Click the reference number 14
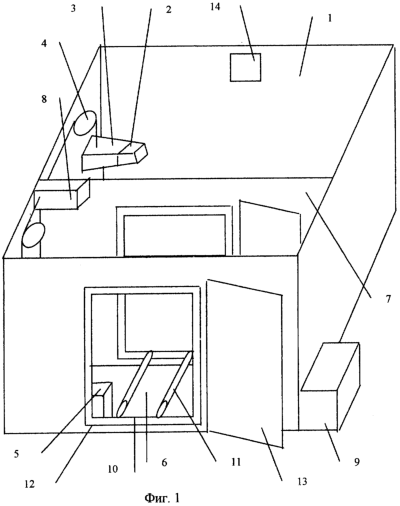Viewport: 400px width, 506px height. (x=216, y=7)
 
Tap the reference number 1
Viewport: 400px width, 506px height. (x=330, y=18)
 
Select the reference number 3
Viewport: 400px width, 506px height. (x=73, y=8)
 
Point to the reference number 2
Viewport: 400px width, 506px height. (x=169, y=10)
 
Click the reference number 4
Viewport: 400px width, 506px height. (x=44, y=44)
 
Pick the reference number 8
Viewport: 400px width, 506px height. (x=44, y=99)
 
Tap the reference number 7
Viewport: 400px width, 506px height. (x=388, y=299)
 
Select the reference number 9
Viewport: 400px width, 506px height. (x=357, y=462)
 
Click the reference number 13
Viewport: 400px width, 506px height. (x=302, y=481)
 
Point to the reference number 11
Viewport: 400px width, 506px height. (x=236, y=462)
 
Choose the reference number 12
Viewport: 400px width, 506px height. (x=30, y=484)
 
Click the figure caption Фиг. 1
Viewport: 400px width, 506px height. (x=162, y=498)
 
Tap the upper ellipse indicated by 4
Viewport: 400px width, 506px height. (x=85, y=122)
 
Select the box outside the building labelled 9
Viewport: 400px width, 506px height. (x=330, y=386)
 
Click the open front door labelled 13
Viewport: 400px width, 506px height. (x=245, y=363)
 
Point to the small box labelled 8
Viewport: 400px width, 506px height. (x=62, y=194)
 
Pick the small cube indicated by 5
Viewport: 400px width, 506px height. (x=102, y=399)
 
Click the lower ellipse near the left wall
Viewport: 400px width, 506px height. (x=33, y=235)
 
